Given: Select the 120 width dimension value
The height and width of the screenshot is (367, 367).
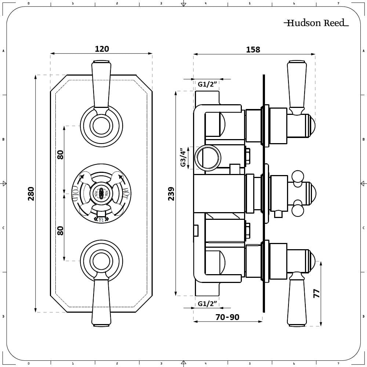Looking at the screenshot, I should (x=102, y=49).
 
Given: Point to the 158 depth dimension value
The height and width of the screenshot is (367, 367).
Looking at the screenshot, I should (x=253, y=50).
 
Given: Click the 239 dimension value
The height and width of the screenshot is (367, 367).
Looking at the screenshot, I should (x=171, y=193).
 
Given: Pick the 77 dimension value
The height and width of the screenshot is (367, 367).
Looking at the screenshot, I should (x=316, y=293).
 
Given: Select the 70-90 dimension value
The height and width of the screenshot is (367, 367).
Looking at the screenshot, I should (x=227, y=317).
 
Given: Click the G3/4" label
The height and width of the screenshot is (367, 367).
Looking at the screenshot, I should (x=183, y=158).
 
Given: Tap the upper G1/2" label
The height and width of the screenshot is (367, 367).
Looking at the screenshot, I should (x=208, y=84).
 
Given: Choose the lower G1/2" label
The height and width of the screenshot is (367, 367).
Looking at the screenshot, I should (x=208, y=304).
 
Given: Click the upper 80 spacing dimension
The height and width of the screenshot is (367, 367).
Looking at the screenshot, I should (x=61, y=155).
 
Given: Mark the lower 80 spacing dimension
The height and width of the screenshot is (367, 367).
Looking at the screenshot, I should (x=61, y=230).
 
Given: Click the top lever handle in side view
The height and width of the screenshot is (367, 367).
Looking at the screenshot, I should (x=297, y=86).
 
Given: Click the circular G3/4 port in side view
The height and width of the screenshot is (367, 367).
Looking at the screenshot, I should (x=207, y=158).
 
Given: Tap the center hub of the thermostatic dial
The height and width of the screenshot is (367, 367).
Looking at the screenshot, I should (x=101, y=193).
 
